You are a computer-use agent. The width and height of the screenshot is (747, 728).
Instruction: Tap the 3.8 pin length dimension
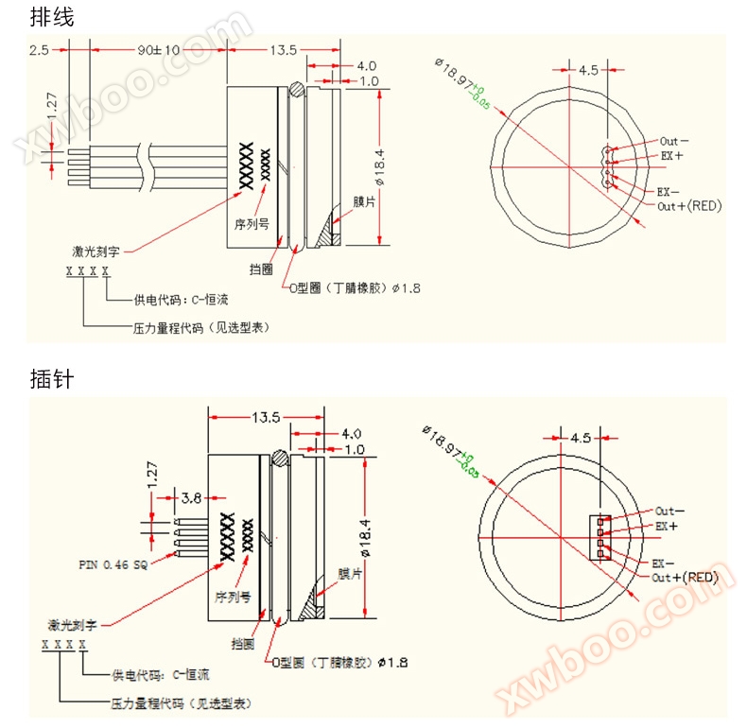coord(190,496)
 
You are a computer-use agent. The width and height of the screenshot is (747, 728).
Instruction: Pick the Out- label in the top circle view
coord(674,142)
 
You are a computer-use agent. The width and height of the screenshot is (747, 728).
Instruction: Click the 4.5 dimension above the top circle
coord(589,70)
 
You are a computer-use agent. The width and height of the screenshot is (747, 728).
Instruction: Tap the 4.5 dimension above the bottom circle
coord(582,439)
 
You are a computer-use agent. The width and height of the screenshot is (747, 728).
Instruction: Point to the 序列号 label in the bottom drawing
coord(233,598)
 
